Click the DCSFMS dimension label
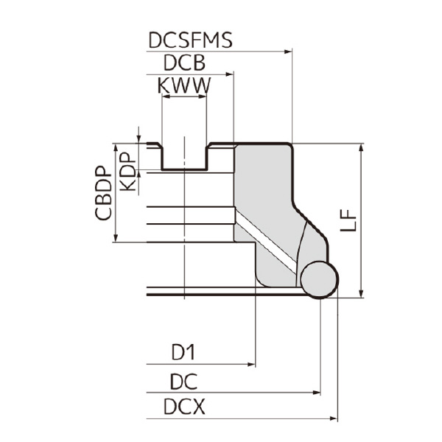coord(190,40)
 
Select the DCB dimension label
coord(183,63)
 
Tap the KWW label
coord(183,86)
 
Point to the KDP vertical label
coord(127,172)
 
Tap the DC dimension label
coord(184,382)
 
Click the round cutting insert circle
coord(319,279)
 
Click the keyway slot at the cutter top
coord(184,156)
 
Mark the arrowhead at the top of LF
coord(361,147)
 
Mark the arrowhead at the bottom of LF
coord(361,294)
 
